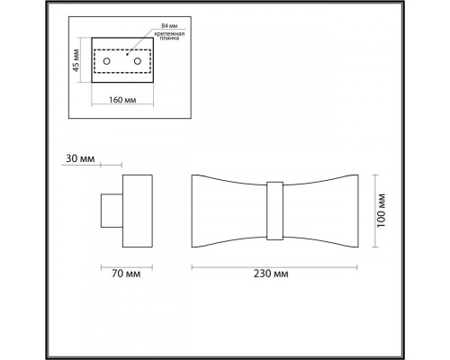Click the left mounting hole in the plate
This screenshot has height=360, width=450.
(x=108, y=61)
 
